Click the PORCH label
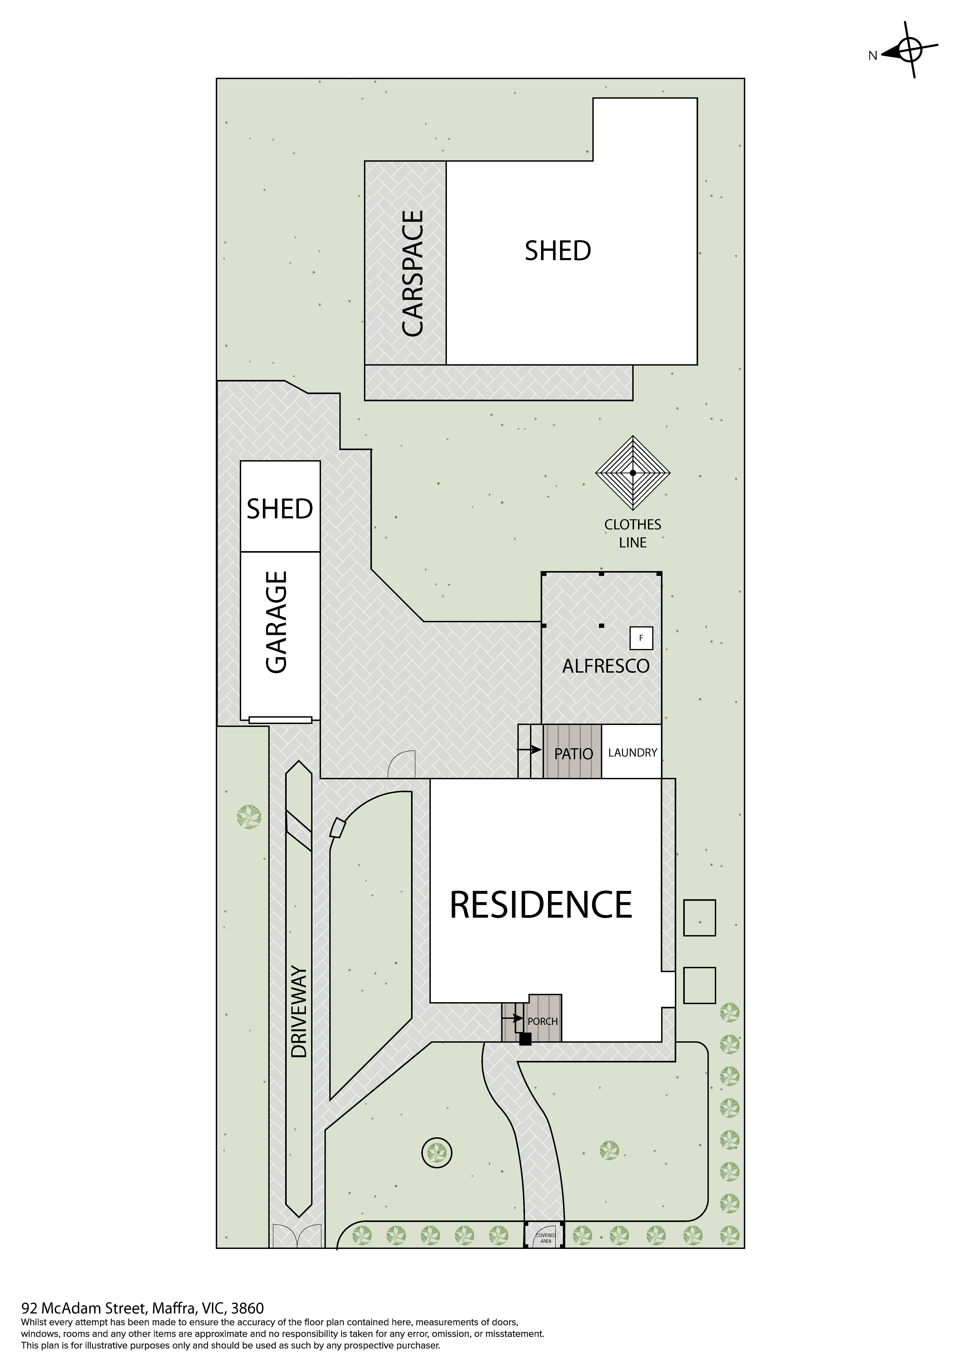(542, 1021)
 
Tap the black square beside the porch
(525, 1039)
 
